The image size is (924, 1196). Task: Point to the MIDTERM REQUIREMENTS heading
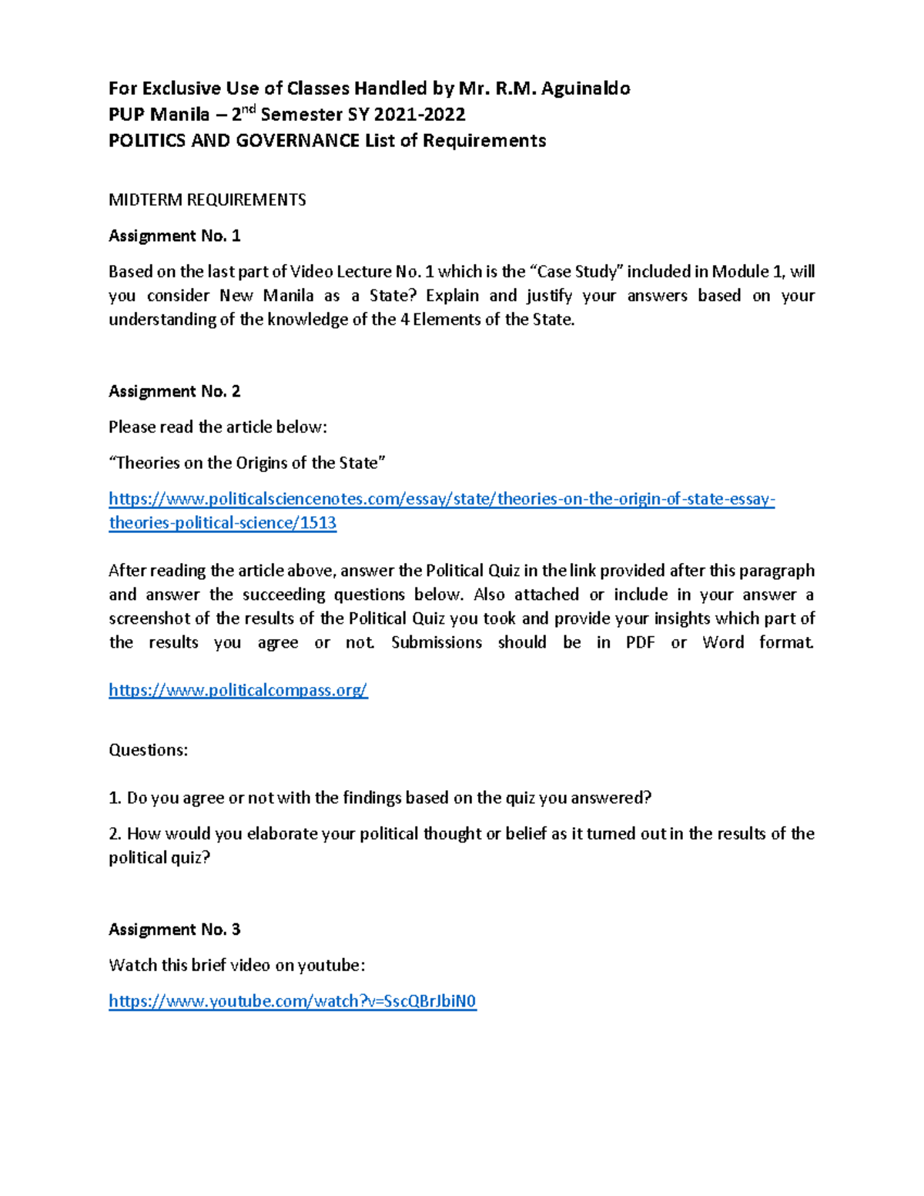point(207,200)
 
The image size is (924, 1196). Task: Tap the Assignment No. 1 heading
point(174,236)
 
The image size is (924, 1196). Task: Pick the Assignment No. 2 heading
point(174,392)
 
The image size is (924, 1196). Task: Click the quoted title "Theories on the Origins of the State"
point(247,464)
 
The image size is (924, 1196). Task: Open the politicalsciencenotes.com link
point(441,499)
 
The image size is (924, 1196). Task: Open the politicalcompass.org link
point(238,691)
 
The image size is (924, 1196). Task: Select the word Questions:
point(148,751)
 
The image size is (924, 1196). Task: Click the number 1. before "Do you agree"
point(115,799)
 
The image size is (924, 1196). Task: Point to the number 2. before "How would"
point(115,834)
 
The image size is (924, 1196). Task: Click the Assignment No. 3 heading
point(174,930)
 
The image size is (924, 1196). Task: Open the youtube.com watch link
point(293,1001)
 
